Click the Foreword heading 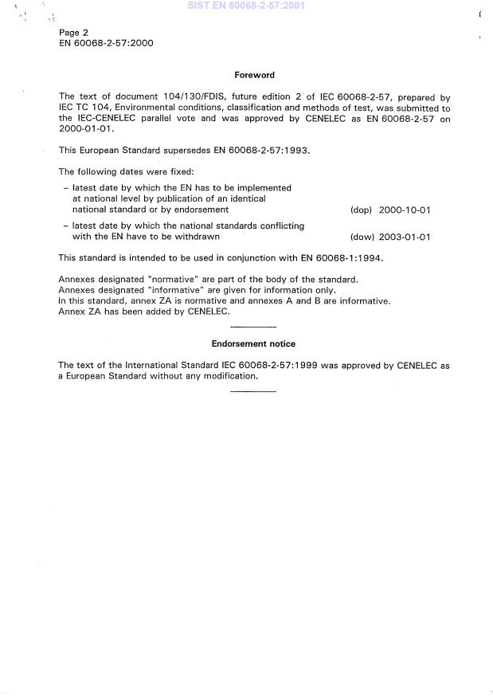coord(254,75)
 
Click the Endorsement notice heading coord(253,343)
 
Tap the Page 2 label coord(74,33)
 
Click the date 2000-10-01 coord(405,210)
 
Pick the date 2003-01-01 coord(405,237)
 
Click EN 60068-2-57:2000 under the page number coord(106,43)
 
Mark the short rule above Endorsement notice coord(253,327)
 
